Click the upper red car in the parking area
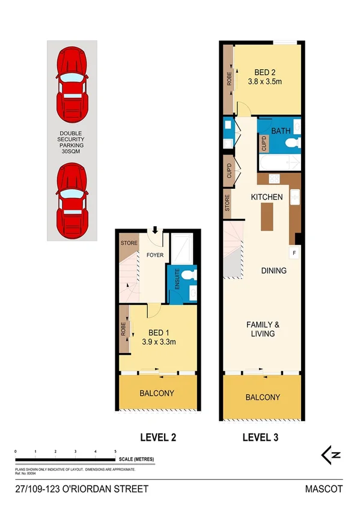[72, 84]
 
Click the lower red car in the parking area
[72, 200]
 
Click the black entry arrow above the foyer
[155, 230]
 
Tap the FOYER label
[154, 255]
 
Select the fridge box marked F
[294, 254]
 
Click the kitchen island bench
[266, 217]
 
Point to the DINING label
[273, 271]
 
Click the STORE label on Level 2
[129, 243]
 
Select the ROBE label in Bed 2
[229, 80]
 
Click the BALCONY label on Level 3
[263, 398]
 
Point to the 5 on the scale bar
[115, 450]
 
